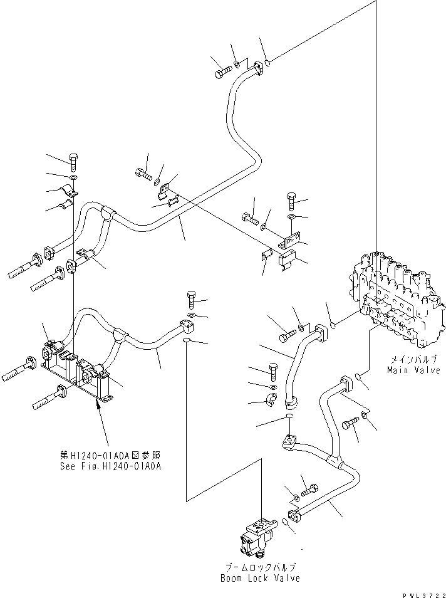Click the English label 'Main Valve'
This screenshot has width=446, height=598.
[x=413, y=370]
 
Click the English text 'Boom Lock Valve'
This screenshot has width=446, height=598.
[x=260, y=578]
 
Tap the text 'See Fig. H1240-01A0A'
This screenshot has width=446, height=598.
[x=110, y=466]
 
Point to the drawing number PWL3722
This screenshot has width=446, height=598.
[x=423, y=595]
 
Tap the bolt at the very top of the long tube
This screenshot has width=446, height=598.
[x=224, y=72]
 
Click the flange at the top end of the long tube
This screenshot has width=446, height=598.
[x=260, y=66]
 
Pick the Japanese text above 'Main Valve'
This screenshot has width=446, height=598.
[x=412, y=359]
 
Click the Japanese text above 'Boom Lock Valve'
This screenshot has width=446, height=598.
[x=261, y=567]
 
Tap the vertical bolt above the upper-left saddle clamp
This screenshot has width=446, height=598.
[x=73, y=163]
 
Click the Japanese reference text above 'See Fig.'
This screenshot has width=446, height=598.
[x=110, y=455]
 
